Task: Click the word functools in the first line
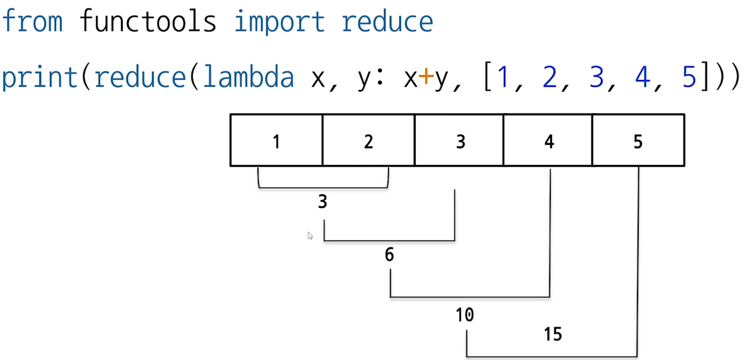tap(148, 21)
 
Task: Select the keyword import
tap(279, 21)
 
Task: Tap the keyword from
tap(32, 21)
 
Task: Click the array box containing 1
tap(277, 141)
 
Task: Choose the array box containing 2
tap(368, 141)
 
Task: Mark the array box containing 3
tap(460, 141)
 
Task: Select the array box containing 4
tap(549, 141)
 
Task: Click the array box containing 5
tap(638, 141)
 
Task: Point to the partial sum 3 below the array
tap(322, 202)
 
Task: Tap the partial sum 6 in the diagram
tap(389, 255)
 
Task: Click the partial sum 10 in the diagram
tap(465, 314)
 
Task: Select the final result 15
tap(553, 334)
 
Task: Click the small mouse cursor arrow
tap(310, 235)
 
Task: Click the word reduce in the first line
tap(387, 21)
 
